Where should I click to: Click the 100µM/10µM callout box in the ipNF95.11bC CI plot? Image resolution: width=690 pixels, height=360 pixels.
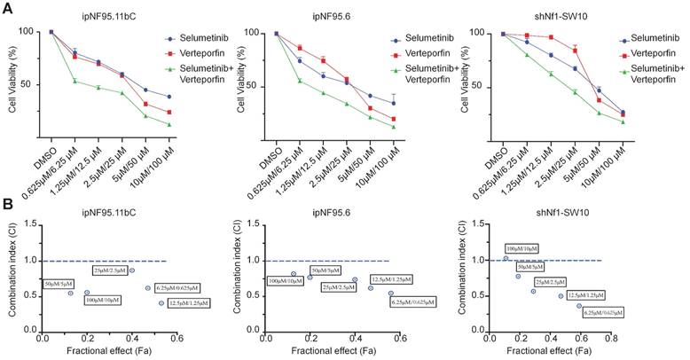click(103, 301)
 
